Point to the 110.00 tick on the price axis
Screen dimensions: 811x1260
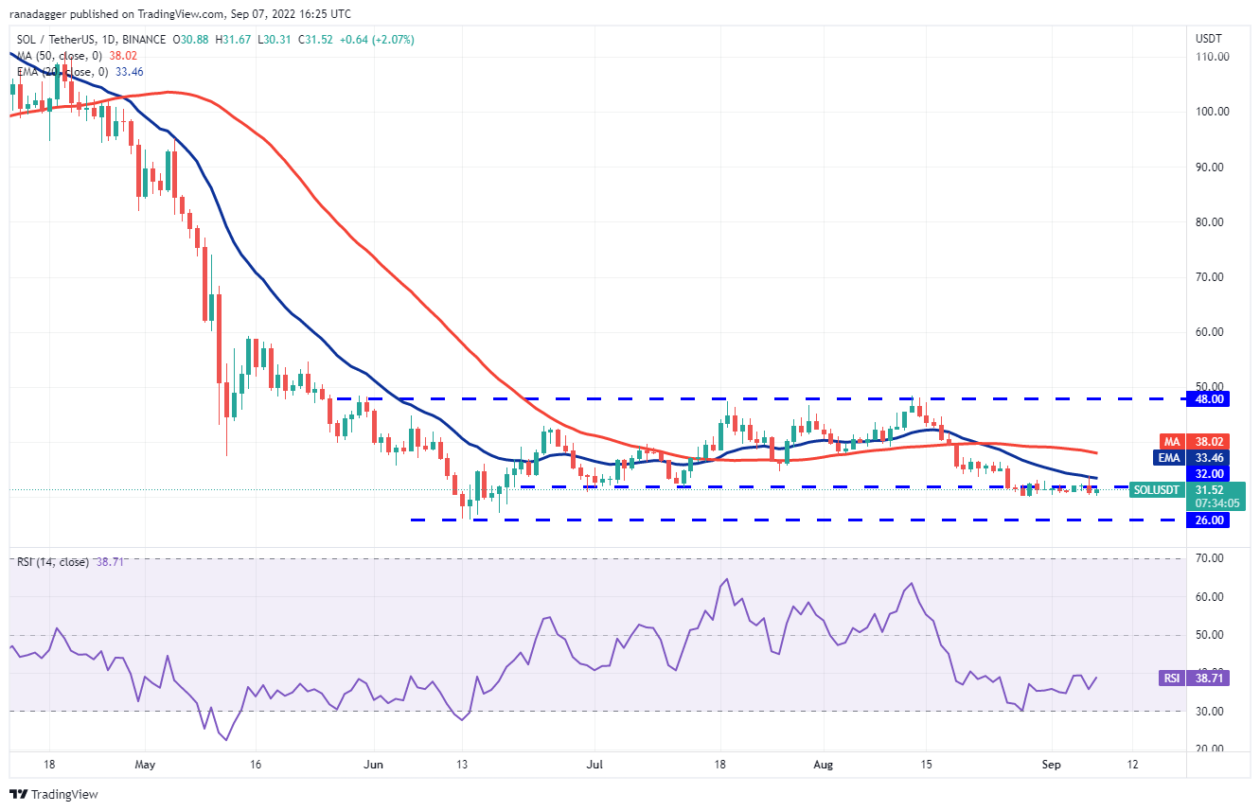(x=1212, y=57)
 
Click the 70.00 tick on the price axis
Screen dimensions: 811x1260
(x=1212, y=277)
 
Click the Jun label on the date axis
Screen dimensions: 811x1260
(x=373, y=764)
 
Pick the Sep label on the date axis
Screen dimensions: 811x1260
(x=1051, y=764)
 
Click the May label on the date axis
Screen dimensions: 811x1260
(x=144, y=764)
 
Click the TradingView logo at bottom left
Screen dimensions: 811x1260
(x=54, y=794)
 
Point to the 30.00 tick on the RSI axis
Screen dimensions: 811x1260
(x=1212, y=711)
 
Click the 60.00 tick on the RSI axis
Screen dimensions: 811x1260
(x=1212, y=597)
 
